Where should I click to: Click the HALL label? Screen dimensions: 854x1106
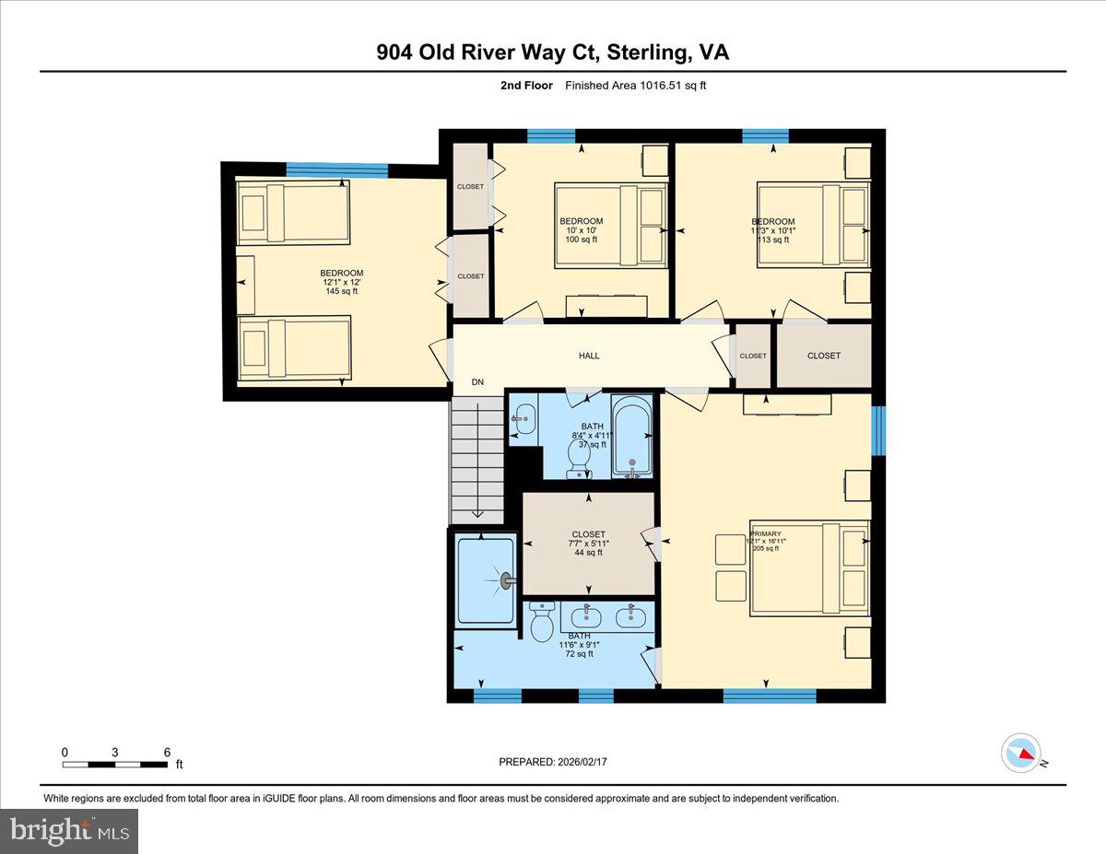tap(589, 356)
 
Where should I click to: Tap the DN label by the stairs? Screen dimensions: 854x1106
tap(477, 382)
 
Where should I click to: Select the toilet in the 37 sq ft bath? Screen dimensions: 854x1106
tap(581, 457)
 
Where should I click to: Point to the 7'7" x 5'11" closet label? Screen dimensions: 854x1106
tap(588, 544)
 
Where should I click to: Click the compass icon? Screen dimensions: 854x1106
tap(1020, 753)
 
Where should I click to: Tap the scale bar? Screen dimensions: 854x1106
tap(115, 764)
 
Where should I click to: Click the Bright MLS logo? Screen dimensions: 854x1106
tap(69, 831)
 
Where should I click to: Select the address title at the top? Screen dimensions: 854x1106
tap(552, 53)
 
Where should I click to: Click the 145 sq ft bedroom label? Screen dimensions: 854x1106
tap(341, 282)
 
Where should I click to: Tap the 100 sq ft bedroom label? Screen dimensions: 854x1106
tap(582, 230)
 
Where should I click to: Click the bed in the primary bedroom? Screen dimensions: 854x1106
tap(810, 567)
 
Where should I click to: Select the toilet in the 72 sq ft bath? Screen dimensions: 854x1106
tap(542, 624)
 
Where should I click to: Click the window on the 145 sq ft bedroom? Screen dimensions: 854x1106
tap(336, 170)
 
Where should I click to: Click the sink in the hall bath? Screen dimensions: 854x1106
tap(524, 419)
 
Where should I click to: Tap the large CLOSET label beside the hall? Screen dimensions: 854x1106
tap(823, 356)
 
